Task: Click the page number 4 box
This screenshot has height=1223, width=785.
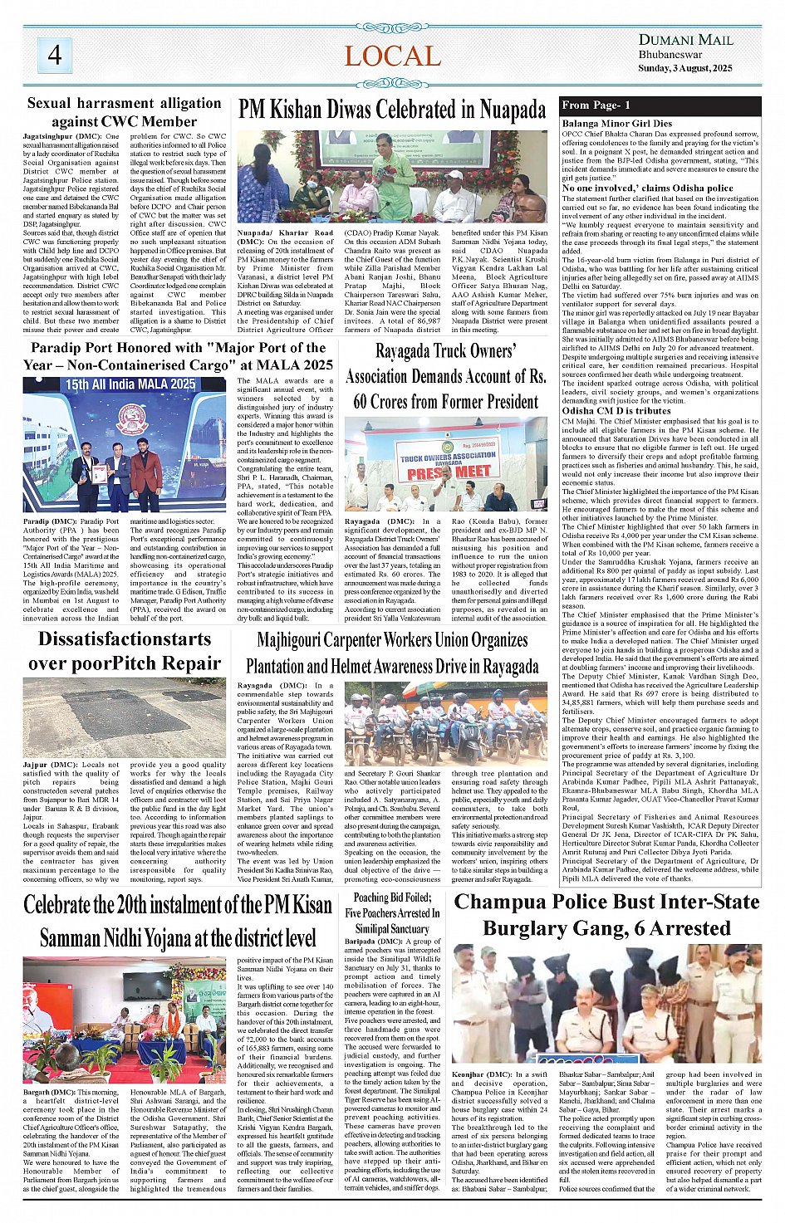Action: (54, 55)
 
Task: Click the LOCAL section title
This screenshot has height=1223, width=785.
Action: (392, 56)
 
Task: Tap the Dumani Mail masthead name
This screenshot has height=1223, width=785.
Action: (685, 40)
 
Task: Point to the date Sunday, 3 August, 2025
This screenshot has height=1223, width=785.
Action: (685, 68)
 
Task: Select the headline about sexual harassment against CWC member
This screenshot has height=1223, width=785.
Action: (124, 112)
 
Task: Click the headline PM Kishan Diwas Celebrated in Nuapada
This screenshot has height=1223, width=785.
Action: (392, 110)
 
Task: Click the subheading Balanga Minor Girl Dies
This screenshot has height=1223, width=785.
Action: (616, 124)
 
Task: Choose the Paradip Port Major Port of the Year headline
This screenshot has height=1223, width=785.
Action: (178, 355)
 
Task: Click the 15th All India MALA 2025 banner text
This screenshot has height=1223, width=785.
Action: (130, 384)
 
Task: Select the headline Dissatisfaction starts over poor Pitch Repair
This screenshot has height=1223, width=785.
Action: (124, 651)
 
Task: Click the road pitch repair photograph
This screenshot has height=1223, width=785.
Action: (124, 718)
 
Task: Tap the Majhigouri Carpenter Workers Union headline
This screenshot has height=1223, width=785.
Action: (392, 653)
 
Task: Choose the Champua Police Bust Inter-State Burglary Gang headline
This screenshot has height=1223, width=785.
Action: (606, 915)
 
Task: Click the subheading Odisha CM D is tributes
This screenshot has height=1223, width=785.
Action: (616, 411)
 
